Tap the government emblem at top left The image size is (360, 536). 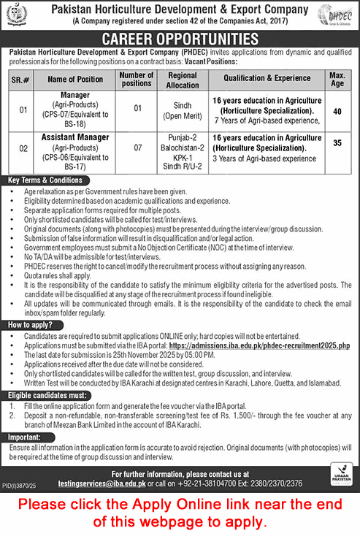click(17, 15)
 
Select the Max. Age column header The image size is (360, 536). click(337, 79)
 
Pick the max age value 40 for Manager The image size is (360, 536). click(337, 111)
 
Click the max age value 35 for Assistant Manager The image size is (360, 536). click(337, 144)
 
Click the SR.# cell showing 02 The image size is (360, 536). click(23, 148)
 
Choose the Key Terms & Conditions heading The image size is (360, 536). click(45, 180)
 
